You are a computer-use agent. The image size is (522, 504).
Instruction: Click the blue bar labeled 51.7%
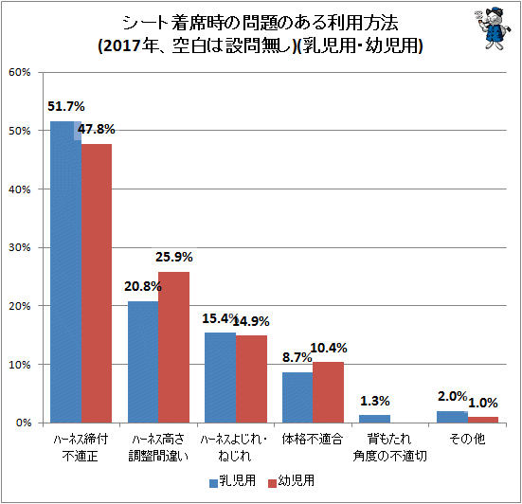[x=66, y=272]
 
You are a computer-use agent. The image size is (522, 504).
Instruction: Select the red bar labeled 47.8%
[x=97, y=283]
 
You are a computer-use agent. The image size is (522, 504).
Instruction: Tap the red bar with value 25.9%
[x=173, y=347]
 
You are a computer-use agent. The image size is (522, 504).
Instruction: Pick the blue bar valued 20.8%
[x=143, y=362]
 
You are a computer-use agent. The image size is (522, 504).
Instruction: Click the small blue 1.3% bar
[x=374, y=419]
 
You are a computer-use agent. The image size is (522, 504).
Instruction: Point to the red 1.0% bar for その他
[x=483, y=420]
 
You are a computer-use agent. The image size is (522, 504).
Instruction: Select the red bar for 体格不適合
[x=328, y=392]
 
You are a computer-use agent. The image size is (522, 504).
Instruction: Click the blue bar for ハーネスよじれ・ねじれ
[x=221, y=378]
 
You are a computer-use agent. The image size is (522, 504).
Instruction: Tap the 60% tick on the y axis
[x=20, y=72]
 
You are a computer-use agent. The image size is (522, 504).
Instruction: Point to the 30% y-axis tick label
[x=20, y=247]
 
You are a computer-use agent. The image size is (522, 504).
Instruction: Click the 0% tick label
[x=24, y=423]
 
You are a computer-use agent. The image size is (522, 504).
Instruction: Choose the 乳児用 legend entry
[x=232, y=481]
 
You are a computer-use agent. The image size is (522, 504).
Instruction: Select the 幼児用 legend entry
[x=291, y=481]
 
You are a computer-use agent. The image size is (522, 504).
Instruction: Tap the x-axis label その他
[x=467, y=439]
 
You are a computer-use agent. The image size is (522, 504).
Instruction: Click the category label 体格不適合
[x=313, y=439]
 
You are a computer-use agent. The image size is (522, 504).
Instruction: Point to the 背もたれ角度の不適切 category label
[x=389, y=447]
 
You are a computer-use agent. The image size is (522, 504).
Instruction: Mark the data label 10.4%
[x=329, y=349]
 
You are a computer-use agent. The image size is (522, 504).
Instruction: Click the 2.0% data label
[x=453, y=396]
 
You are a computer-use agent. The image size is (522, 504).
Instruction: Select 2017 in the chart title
[x=122, y=45]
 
